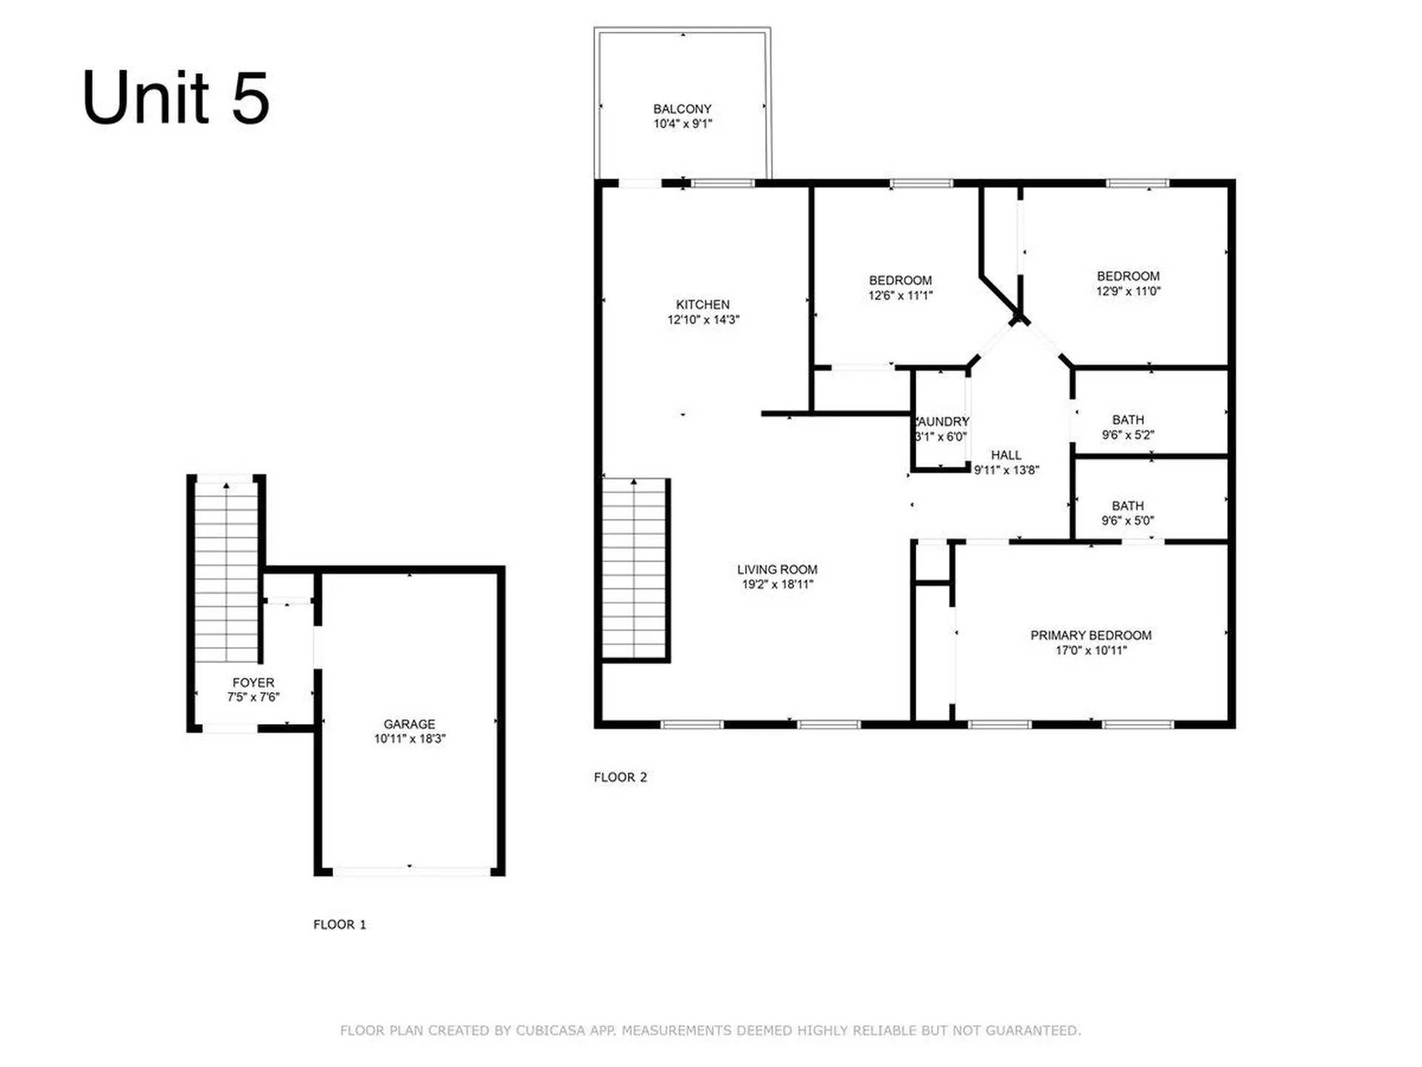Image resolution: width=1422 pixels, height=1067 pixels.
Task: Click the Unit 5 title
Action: [176, 98]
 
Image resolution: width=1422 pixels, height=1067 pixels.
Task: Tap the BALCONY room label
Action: [682, 109]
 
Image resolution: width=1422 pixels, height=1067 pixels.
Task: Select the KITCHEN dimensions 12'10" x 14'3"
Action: [703, 320]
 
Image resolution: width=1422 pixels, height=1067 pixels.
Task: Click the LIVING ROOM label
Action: [777, 569]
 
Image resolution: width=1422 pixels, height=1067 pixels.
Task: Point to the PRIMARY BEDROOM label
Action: [1090, 635]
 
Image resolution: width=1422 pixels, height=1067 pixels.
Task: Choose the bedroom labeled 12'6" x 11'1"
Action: [900, 287]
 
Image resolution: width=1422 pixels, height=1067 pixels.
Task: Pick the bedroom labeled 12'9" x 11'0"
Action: [1127, 283]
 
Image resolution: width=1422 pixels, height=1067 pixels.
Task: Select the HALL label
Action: [1006, 455]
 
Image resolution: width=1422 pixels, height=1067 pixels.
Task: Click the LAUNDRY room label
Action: [943, 422]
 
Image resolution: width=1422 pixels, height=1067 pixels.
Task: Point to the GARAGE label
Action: [409, 724]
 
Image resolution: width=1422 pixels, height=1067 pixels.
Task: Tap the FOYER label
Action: [253, 682]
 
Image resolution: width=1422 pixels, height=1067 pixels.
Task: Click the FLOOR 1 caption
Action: [339, 925]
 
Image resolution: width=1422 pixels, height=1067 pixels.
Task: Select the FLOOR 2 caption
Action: [620, 777]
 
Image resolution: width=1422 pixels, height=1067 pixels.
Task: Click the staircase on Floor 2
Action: [634, 569]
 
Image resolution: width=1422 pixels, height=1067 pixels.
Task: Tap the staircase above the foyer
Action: [226, 571]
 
